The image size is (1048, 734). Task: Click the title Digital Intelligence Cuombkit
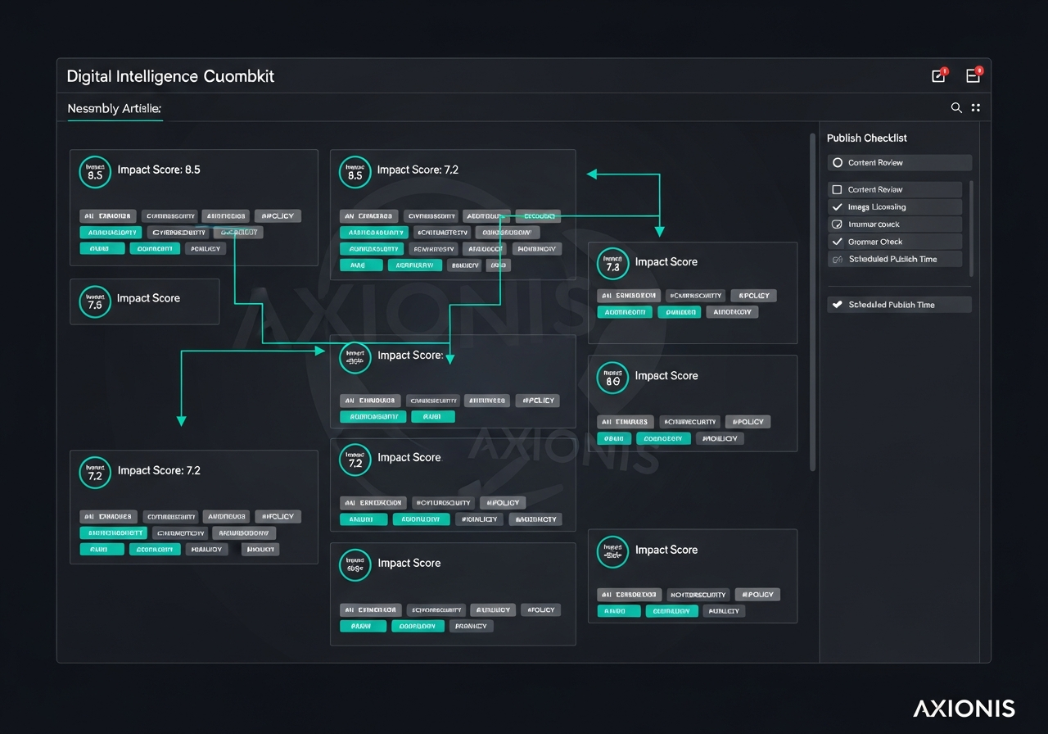point(170,76)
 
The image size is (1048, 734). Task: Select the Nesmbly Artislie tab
point(114,108)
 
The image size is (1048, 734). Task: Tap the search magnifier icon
point(955,107)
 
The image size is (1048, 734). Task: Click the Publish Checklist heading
point(866,138)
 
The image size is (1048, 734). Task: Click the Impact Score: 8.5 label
point(159,170)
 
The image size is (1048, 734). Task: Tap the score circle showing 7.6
point(95,301)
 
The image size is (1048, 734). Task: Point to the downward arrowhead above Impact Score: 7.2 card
point(182,421)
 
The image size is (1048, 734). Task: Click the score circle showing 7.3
point(612,263)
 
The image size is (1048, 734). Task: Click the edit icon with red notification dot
point(938,76)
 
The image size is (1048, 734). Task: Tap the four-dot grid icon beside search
point(975,107)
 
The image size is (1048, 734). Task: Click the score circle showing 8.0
point(612,378)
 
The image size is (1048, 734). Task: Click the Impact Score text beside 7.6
point(148,298)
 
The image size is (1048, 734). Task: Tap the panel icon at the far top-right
point(973,76)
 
